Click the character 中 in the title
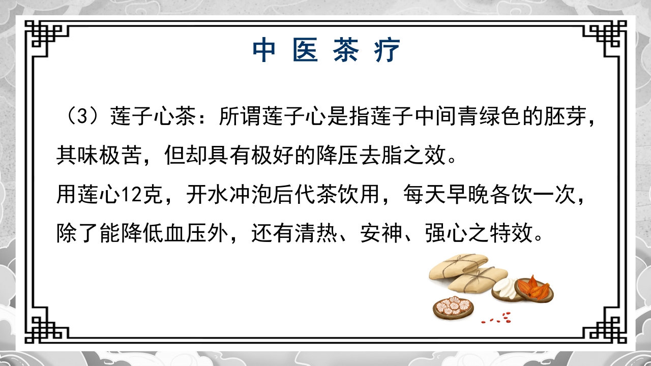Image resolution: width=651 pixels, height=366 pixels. tap(265, 50)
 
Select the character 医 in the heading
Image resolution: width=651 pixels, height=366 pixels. tap(306, 50)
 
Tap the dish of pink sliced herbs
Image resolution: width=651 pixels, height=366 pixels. tap(453, 307)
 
